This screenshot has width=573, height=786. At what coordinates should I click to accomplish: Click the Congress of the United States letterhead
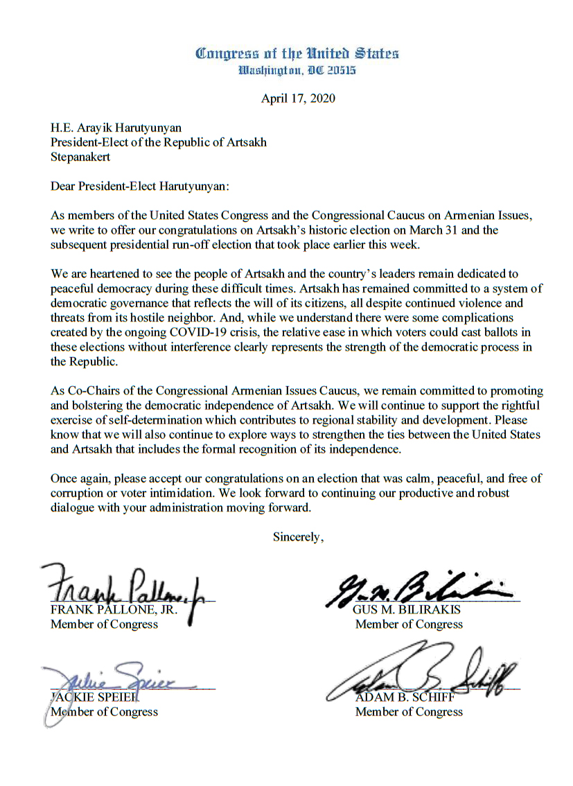pyautogui.click(x=297, y=53)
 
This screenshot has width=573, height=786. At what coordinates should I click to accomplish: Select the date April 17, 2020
pyautogui.click(x=298, y=98)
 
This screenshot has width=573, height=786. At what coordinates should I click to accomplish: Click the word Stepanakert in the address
pyautogui.click(x=80, y=157)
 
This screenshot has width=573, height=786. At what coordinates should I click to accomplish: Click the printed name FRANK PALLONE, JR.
pyautogui.click(x=115, y=611)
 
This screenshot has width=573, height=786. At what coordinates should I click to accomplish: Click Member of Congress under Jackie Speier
pyautogui.click(x=104, y=712)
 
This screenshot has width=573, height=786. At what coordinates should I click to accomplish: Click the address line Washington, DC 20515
pyautogui.click(x=297, y=70)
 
